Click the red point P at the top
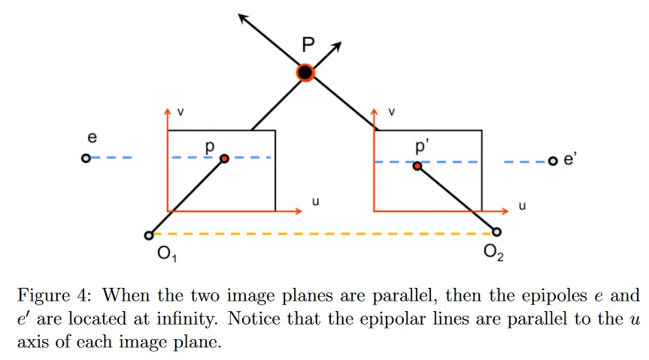click(305, 72)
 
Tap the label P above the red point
click(308, 45)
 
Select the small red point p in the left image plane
click(224, 159)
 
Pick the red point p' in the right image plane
click(417, 165)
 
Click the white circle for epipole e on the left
click(86, 158)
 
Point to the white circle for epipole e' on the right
click(553, 161)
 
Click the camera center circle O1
click(149, 235)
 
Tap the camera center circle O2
click(496, 232)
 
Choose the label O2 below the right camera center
click(493, 252)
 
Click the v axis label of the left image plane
click(180, 112)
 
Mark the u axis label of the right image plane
click(521, 205)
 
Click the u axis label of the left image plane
click(315, 202)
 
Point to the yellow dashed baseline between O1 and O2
click(323, 234)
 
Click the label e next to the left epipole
click(92, 138)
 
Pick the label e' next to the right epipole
click(569, 159)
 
